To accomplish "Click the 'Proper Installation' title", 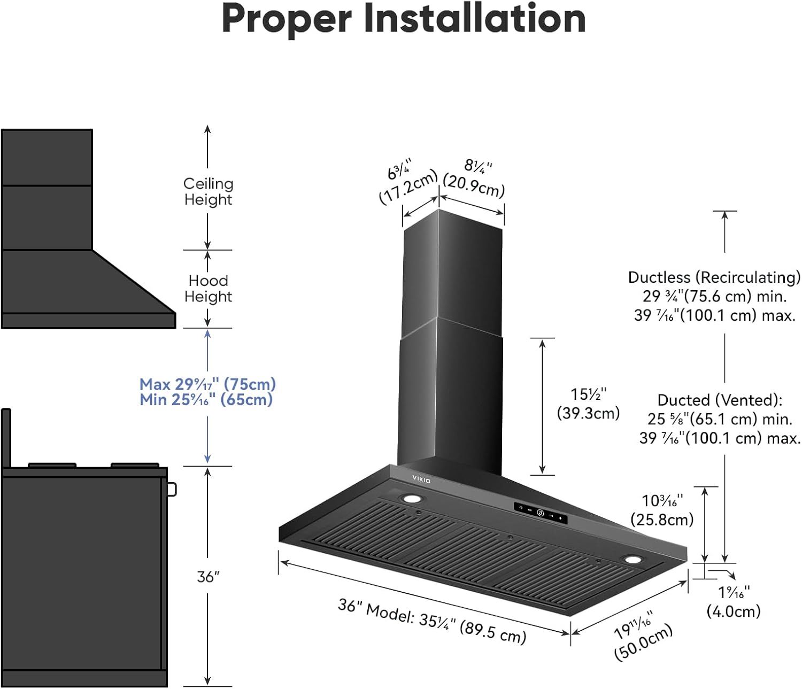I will click(x=404, y=19).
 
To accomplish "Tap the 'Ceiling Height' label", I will click(x=208, y=191).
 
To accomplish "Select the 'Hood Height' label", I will click(x=208, y=289).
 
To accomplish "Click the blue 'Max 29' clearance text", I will click(x=207, y=384).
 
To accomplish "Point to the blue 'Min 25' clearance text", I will click(x=206, y=399).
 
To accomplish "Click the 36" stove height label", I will click(x=208, y=577).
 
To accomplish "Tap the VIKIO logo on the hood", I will click(x=421, y=478).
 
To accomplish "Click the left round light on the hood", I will click(x=412, y=499).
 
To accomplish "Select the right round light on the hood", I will click(x=633, y=560).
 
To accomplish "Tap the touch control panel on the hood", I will click(x=540, y=513).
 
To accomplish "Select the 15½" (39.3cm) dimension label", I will click(x=588, y=404).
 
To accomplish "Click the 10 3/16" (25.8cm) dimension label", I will click(x=662, y=510).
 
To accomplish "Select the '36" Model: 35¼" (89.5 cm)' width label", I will click(x=432, y=621).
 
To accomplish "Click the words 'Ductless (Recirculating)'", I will click(x=714, y=277).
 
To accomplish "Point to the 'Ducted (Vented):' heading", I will click(x=720, y=400).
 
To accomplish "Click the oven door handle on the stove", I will click(x=172, y=489).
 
